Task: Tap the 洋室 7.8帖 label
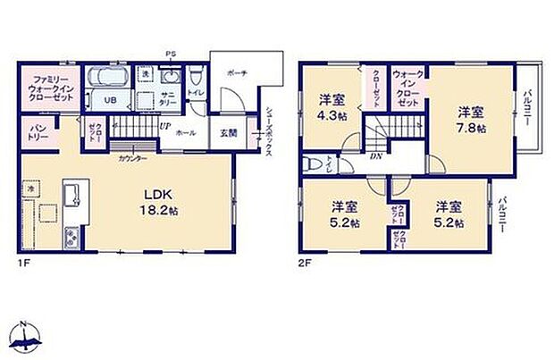pos(471,120)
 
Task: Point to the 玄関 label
pos(228,133)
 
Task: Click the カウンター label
pos(131,156)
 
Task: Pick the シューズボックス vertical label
pos(269,131)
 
